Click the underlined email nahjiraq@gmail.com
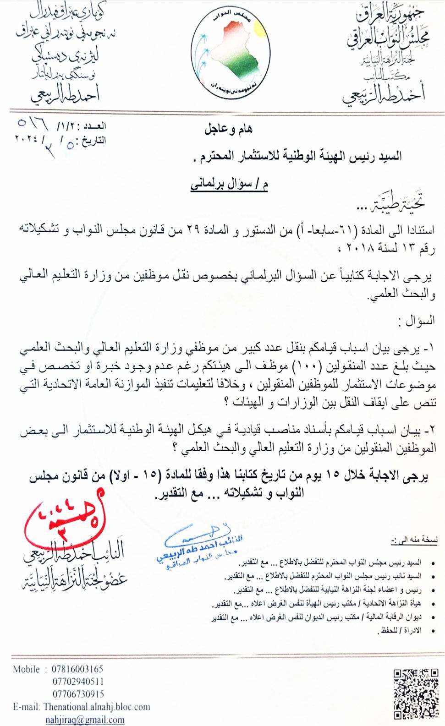tap(85, 719)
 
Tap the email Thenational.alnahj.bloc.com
tap(97, 707)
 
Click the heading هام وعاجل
tap(228, 130)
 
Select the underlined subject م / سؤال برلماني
tap(229, 187)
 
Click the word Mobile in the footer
tap(26, 669)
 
